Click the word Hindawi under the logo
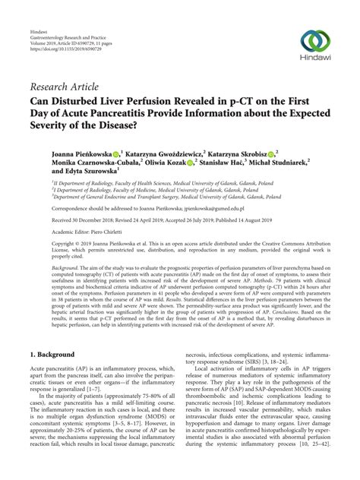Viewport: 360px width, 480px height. click(317, 63)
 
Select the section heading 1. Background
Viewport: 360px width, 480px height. click(54, 354)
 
